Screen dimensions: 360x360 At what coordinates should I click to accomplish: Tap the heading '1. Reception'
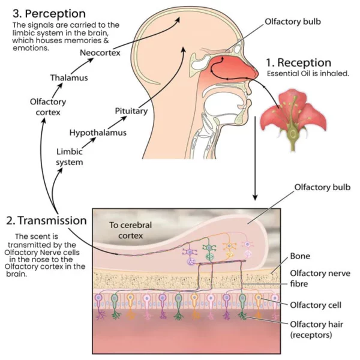298,62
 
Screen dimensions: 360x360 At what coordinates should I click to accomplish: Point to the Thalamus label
68,77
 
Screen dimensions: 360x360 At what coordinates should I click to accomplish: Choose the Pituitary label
131,111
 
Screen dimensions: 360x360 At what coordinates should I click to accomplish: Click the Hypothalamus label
98,132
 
